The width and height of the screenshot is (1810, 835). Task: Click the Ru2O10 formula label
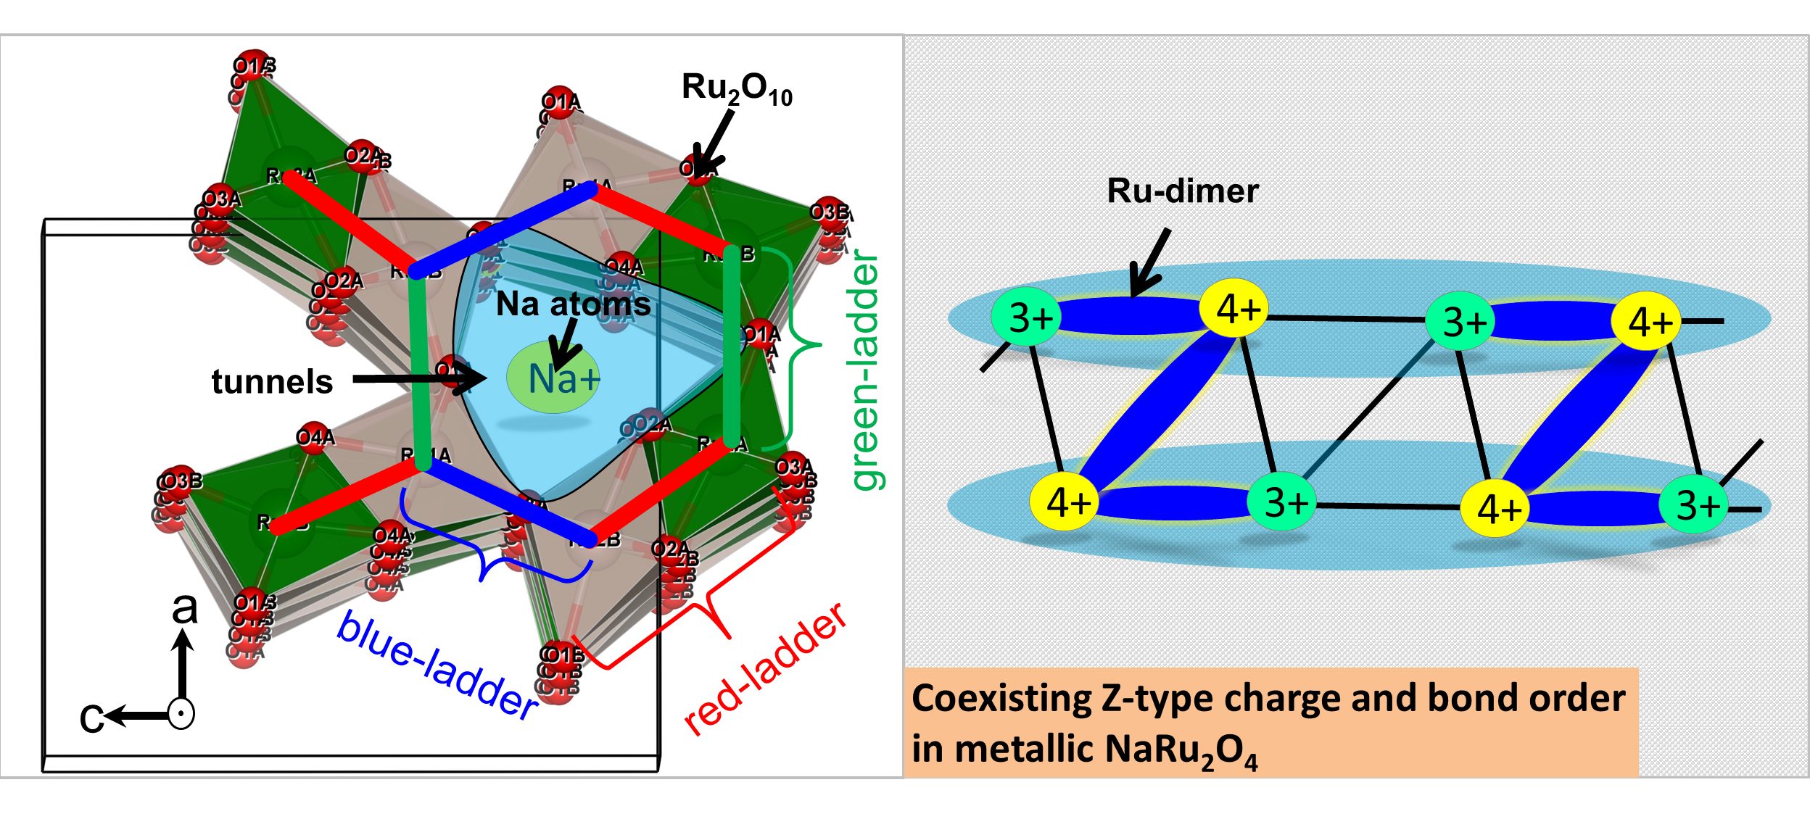point(737,89)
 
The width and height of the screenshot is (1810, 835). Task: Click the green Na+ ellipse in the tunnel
point(553,378)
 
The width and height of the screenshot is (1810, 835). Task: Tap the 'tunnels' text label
point(272,381)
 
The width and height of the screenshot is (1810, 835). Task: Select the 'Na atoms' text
point(573,304)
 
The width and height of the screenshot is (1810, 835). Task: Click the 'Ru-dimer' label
point(1183,191)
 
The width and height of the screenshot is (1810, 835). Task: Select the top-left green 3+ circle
point(1026,317)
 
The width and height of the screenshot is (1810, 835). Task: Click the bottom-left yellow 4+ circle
point(1065,502)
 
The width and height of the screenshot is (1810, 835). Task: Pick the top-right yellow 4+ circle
point(1646,321)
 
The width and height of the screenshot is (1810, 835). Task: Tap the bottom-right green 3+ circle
point(1693,504)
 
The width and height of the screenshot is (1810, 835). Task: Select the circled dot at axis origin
point(181,714)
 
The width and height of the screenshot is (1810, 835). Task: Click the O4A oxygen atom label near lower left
point(315,437)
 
